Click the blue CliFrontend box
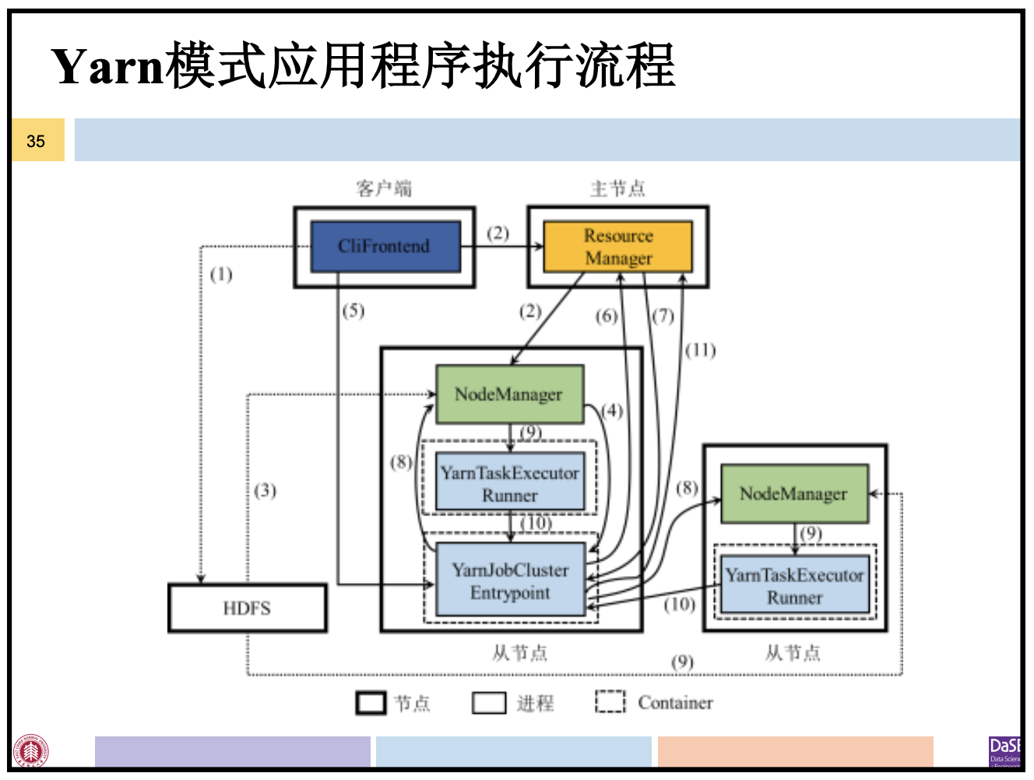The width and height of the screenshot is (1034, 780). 385,247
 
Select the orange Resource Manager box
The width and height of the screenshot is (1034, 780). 617,247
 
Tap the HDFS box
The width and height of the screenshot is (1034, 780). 247,608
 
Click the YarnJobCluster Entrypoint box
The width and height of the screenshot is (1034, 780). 510,581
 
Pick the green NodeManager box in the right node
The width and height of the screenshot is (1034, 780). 793,494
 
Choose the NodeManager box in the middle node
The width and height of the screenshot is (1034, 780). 509,395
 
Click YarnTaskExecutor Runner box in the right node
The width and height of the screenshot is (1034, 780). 794,585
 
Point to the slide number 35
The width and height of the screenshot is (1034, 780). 36,141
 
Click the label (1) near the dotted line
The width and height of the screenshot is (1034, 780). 221,274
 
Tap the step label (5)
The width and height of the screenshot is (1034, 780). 353,311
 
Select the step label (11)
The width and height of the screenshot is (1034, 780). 700,350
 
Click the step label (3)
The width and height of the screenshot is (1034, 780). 265,490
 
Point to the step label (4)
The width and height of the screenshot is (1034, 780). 613,410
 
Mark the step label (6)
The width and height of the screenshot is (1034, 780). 607,316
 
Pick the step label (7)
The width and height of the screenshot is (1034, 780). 663,316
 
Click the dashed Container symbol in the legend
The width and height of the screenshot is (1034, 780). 610,702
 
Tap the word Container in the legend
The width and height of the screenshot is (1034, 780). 675,703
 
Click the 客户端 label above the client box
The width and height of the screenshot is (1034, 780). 384,188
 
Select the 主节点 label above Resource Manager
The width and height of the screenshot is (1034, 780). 617,188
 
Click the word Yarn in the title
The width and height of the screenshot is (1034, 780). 108,66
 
